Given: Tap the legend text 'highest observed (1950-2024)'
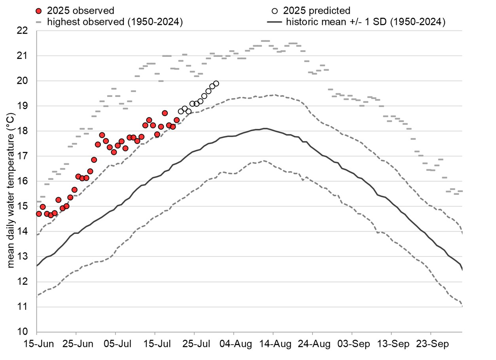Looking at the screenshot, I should (115, 22).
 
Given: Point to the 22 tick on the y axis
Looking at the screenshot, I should (27, 30).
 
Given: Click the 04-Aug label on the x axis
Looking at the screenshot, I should (233, 344).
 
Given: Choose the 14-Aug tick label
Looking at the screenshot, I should (273, 344).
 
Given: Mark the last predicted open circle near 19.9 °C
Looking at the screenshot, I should (216, 83).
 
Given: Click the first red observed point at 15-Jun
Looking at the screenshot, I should (39, 214).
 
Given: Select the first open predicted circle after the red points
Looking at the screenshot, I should (181, 111).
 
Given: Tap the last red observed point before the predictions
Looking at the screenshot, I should (177, 120).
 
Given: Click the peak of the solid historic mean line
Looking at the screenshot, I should (265, 128).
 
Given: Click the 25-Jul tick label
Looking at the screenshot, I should (194, 344).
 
